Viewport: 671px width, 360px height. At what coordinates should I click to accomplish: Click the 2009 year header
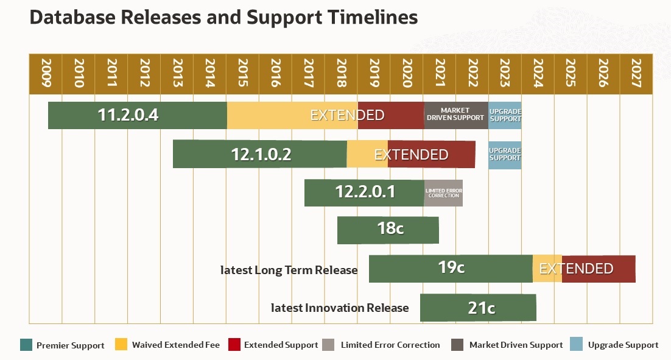point(46,74)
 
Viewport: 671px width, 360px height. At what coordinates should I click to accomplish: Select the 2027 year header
point(636,74)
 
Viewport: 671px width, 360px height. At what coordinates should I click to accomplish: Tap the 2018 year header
point(341,74)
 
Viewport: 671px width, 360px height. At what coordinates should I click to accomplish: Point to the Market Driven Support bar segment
point(456,115)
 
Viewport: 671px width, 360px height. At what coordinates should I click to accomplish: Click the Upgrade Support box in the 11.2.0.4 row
point(505,115)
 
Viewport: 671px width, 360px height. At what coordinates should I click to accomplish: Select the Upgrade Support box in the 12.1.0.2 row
point(505,154)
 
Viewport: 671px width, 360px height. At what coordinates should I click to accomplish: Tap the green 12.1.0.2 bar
point(260,154)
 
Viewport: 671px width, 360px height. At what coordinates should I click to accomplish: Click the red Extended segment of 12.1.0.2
point(431,154)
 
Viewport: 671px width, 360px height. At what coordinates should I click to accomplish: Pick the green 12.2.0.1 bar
point(364,192)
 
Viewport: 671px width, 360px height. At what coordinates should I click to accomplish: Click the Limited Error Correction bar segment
point(443,192)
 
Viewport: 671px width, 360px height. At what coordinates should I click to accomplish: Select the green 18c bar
point(388,230)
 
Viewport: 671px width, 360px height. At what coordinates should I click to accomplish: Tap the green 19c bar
point(451,269)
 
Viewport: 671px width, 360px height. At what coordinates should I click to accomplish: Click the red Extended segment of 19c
point(599,269)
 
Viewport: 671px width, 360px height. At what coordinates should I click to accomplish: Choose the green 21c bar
point(478,308)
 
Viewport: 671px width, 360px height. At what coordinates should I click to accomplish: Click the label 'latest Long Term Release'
point(289,270)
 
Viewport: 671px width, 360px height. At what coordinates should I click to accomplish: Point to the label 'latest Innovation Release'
point(339,308)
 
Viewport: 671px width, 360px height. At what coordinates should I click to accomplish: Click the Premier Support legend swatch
point(26,345)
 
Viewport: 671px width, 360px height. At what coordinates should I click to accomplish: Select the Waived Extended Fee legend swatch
point(121,345)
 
